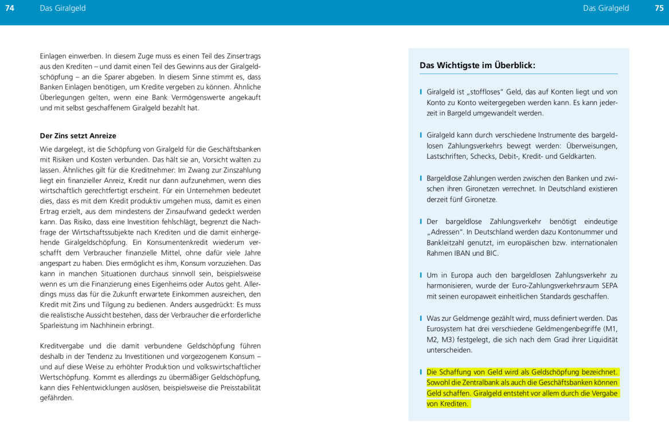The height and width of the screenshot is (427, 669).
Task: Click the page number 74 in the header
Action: (x=10, y=8)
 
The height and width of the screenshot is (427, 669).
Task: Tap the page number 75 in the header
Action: (x=659, y=8)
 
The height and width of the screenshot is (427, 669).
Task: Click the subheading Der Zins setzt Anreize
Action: (x=78, y=136)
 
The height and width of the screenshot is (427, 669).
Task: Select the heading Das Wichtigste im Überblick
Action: (x=477, y=65)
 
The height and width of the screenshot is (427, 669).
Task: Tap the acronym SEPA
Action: (x=607, y=286)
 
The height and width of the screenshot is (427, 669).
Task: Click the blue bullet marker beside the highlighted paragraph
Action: (x=421, y=371)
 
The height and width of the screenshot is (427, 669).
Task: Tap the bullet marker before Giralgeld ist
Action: (x=421, y=92)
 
